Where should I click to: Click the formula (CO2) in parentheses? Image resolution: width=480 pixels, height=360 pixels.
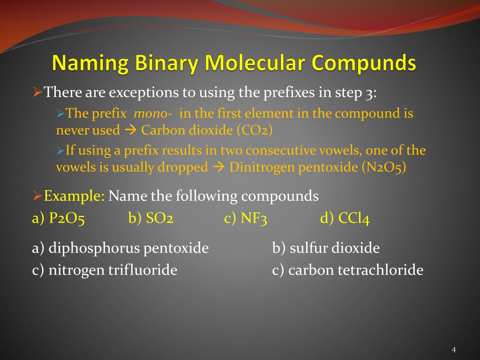click(x=255, y=130)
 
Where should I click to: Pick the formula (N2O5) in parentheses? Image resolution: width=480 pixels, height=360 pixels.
click(x=383, y=167)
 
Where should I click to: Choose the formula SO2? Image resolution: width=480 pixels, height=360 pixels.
click(x=160, y=219)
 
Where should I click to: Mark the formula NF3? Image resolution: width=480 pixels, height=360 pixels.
click(x=254, y=219)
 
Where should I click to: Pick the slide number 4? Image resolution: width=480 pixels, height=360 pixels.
click(x=454, y=350)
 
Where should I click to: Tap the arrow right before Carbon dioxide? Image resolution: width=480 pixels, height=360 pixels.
click(x=131, y=130)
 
